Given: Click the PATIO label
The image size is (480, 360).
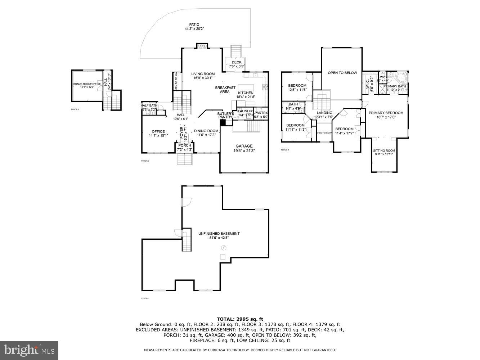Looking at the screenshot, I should coord(194,25).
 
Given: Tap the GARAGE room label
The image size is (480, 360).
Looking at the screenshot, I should coord(244,146).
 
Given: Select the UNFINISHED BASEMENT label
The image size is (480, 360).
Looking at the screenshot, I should coord(219,234).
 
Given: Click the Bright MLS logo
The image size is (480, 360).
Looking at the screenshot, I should coord(29,350).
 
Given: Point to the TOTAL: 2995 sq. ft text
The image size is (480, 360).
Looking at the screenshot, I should coord(240,319).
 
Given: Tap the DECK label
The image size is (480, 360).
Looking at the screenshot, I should coord(237,62).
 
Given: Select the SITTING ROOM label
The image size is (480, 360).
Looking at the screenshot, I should coord(384,150).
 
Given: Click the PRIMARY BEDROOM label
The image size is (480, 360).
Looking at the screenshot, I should coord(386,113).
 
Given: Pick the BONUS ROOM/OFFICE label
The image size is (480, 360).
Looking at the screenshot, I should coord(87,84).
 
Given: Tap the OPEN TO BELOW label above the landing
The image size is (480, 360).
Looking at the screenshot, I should coord(342,73).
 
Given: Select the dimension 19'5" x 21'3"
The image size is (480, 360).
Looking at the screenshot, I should coord(244,151).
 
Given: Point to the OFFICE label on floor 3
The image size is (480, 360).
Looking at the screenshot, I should coord(158,131).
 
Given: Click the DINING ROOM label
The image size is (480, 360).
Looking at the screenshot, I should coord(206,131).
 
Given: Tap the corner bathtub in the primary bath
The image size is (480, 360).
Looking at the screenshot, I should coord(401,78).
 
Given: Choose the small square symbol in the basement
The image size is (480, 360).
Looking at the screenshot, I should coord(223,257).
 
